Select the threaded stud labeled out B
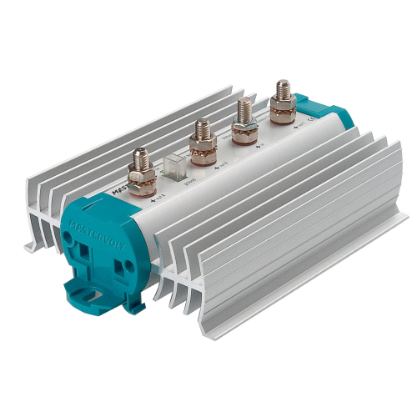tap(201, 132)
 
